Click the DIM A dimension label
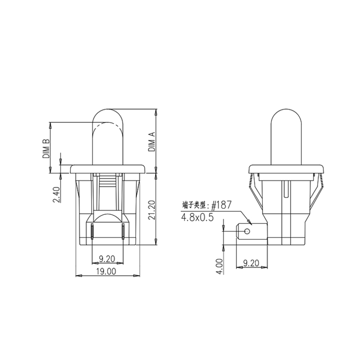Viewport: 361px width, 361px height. [152, 141]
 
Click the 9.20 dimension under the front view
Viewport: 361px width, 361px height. [107, 259]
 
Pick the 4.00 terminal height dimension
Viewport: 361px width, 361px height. [220, 266]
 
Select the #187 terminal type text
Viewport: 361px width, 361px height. [222, 204]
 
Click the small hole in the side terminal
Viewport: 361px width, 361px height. [247, 231]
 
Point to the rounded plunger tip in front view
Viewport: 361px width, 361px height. [107, 118]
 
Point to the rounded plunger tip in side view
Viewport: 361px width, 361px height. [287, 118]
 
